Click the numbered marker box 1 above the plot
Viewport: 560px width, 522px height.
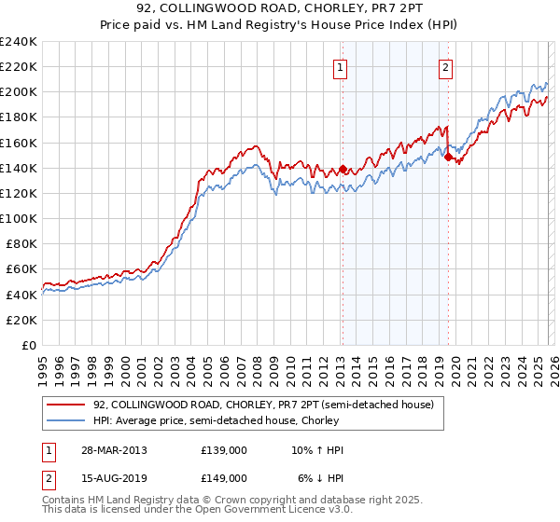[x=341, y=67]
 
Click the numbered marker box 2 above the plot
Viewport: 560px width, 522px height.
[x=446, y=67]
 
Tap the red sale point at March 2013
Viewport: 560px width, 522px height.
[x=343, y=170]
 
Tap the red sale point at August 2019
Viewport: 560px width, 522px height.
[x=448, y=158]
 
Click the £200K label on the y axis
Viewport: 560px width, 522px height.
[x=19, y=92]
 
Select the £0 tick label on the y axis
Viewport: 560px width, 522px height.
[x=30, y=345]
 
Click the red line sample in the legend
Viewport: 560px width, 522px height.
[x=66, y=405]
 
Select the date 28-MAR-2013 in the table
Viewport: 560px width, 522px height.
[x=114, y=450]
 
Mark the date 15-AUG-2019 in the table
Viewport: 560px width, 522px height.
[x=114, y=478]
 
